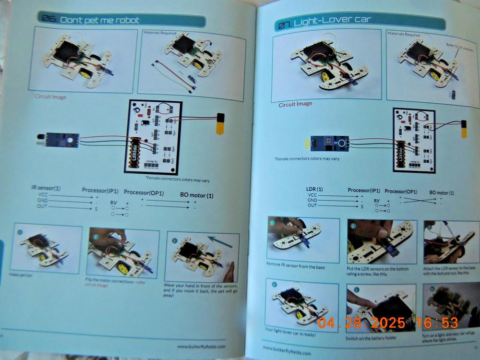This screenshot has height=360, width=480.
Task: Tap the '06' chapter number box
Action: click(49, 19)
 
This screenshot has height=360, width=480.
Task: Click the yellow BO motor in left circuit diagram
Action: click(220, 123)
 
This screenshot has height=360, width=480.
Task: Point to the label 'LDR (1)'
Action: click(314, 189)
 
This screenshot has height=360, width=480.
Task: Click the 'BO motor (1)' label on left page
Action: click(197, 195)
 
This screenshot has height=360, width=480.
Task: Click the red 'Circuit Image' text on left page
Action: click(50, 96)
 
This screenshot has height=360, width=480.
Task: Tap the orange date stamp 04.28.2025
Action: click(355, 322)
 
